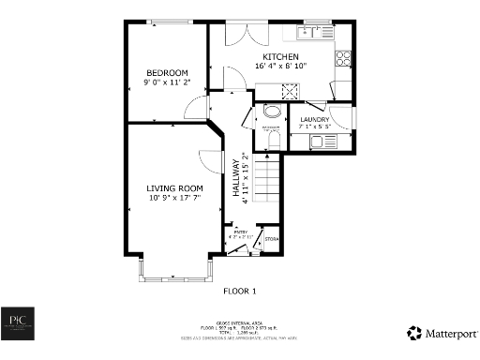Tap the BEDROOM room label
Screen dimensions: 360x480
pos(166,72)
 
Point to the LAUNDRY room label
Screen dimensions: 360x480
pos(314,120)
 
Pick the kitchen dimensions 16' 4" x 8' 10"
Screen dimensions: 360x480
pos(280,67)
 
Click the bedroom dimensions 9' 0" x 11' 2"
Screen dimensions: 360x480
pos(167,82)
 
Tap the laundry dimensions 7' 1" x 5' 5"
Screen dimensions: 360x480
pos(314,127)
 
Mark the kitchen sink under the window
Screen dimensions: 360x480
pos(307,34)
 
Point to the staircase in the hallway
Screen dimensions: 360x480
pos(268,178)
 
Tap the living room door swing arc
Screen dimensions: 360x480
pos(208,161)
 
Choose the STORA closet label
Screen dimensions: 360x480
pos(272,240)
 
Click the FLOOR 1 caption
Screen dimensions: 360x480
pos(241,292)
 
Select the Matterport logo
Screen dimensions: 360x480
pos(442,333)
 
